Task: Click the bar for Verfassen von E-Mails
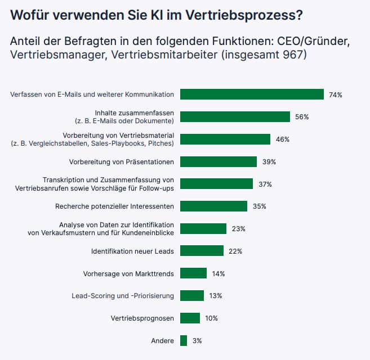[252, 94]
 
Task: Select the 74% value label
[336, 95]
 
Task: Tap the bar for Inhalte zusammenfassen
[235, 117]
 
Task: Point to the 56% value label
[302, 117]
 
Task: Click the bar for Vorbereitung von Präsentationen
[219, 162]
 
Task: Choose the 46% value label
[283, 139]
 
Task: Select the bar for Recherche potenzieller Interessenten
[213, 206]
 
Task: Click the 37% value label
[265, 184]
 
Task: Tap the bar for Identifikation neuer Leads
[202, 251]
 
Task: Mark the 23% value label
[239, 229]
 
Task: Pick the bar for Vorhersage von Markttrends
[193, 273]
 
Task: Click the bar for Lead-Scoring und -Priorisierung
[192, 296]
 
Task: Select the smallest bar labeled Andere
[184, 340]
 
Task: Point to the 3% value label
[197, 341]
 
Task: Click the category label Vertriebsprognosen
[142, 318]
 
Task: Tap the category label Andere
[162, 341]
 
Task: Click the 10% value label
[211, 318]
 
